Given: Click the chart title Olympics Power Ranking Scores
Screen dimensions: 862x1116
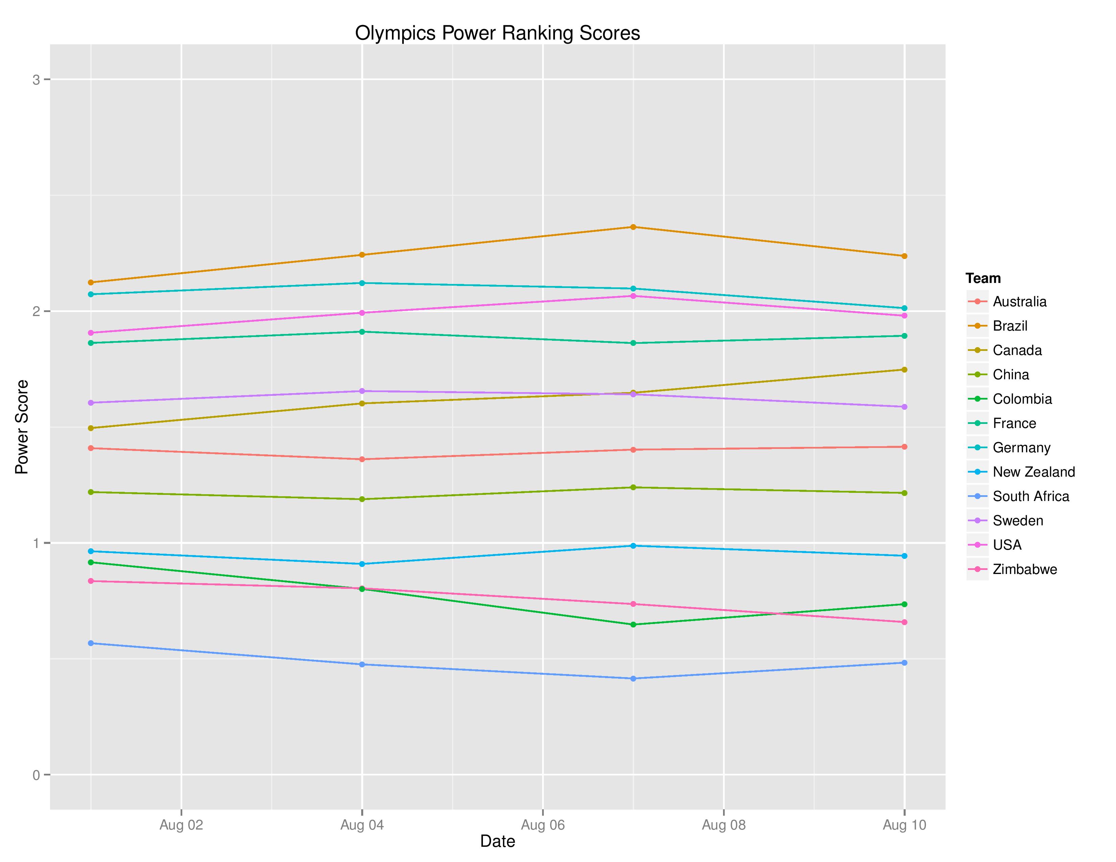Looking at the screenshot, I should (x=497, y=33).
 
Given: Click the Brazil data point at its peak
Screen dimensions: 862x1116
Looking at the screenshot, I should (x=633, y=227).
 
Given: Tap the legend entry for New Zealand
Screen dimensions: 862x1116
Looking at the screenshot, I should (x=1033, y=472).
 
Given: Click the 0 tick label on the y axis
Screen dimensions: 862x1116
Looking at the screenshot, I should (x=36, y=775).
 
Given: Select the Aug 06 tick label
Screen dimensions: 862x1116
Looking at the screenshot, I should (x=543, y=825).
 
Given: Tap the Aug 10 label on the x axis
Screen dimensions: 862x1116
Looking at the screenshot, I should (x=904, y=825).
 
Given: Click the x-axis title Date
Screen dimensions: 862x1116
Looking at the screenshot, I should (x=497, y=841).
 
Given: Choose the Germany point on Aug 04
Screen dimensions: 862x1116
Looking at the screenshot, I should (x=362, y=283).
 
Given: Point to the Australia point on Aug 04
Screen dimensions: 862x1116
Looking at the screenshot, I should (x=362, y=459).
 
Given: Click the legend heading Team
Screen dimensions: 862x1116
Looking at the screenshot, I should (x=983, y=278).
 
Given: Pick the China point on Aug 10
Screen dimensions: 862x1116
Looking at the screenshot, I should (x=904, y=493).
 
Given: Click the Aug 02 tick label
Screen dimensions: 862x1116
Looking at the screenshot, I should (x=181, y=825).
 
